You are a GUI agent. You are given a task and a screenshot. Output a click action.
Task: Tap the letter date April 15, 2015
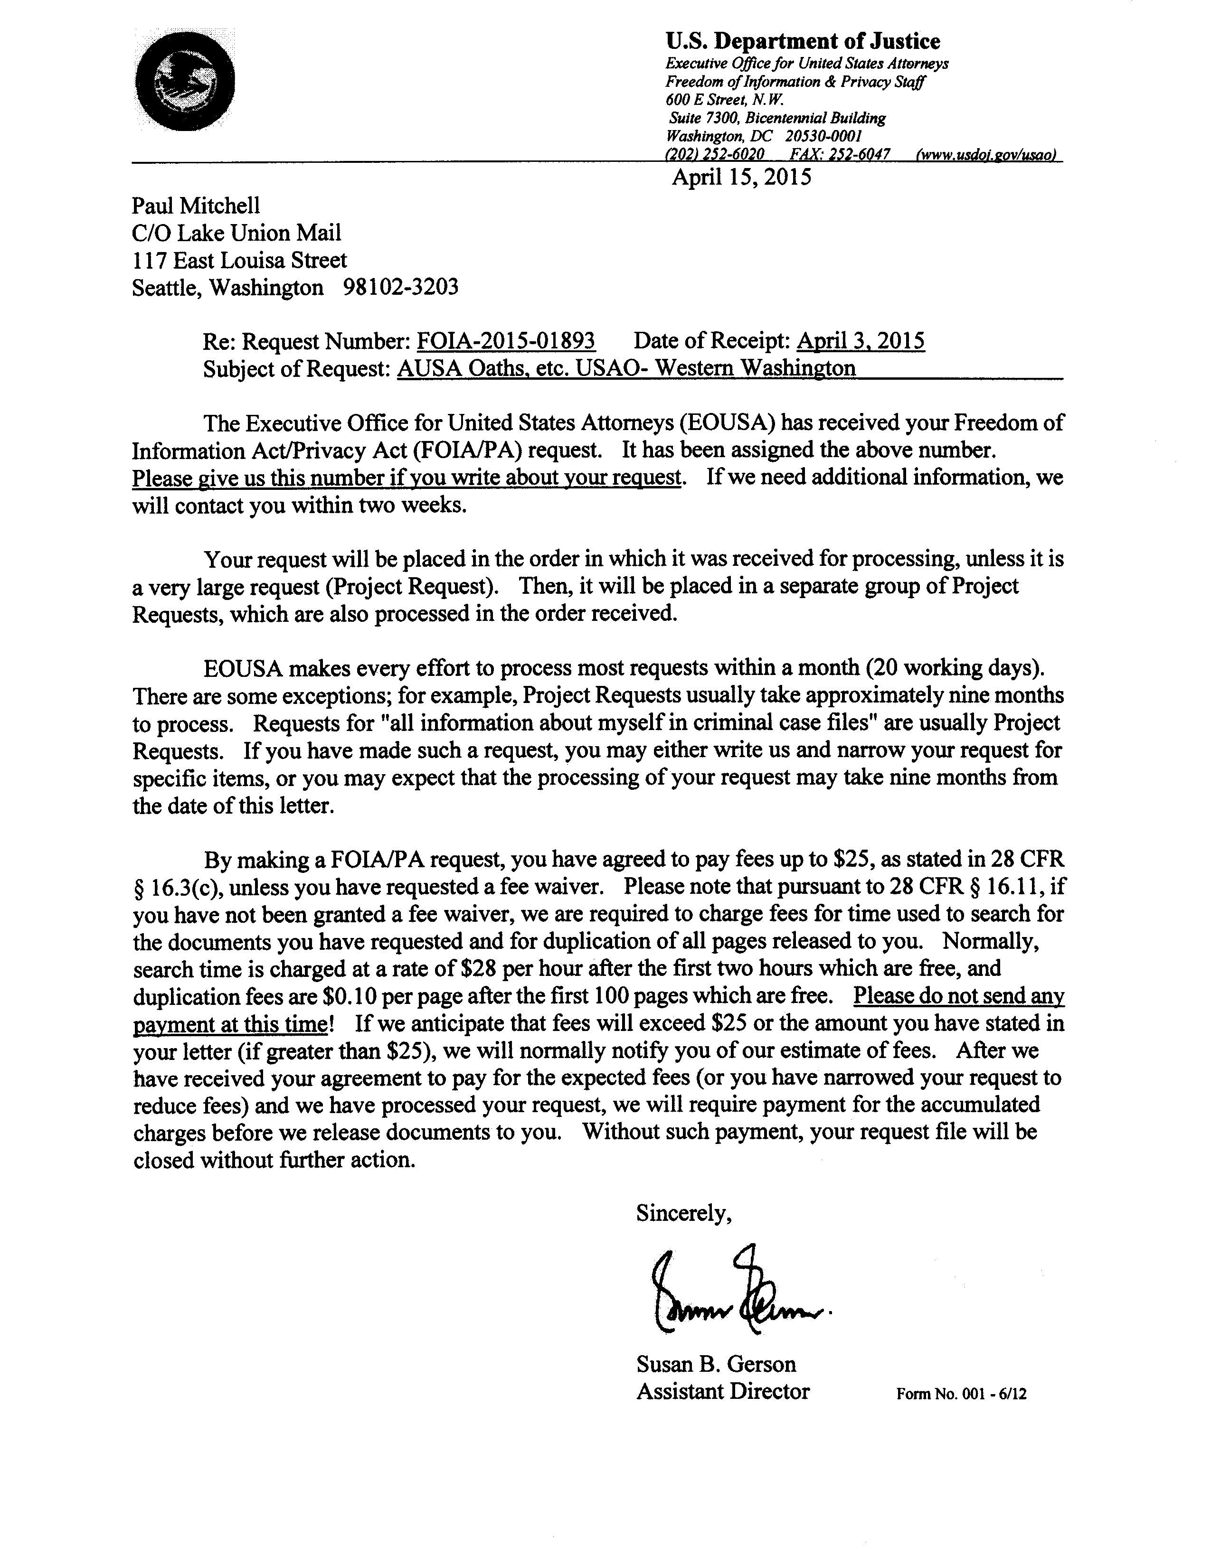point(741,177)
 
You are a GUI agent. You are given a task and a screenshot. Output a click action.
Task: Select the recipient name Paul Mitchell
point(196,206)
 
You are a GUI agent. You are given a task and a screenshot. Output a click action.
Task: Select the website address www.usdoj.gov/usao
point(983,155)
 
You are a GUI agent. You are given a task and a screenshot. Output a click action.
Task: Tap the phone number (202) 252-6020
point(715,155)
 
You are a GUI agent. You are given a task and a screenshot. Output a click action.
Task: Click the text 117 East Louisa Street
point(239,260)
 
